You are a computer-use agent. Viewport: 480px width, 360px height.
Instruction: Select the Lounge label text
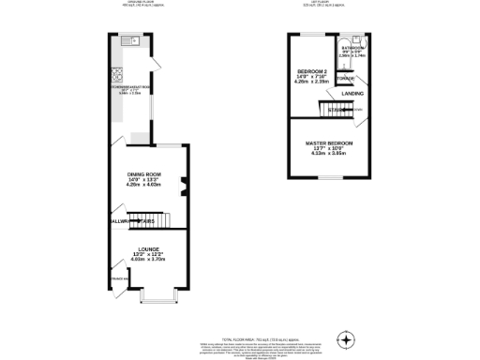145,247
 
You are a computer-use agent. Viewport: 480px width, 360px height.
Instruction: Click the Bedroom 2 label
311,71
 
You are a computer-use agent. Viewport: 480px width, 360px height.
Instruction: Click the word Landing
352,94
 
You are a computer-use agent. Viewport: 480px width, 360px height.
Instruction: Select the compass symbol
348,338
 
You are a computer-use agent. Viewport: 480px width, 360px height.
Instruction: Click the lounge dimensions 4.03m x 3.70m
145,260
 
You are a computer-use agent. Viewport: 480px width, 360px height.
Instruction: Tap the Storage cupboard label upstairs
347,79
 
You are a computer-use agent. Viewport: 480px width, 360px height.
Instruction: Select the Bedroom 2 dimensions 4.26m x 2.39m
312,82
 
